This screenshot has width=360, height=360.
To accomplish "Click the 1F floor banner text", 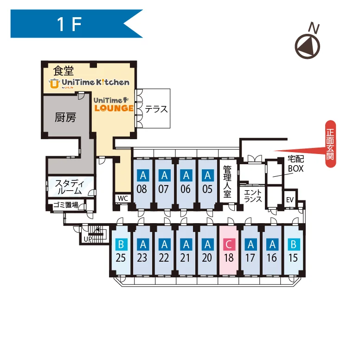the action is click(x=69, y=24).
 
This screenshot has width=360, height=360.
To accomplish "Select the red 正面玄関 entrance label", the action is click(x=330, y=144).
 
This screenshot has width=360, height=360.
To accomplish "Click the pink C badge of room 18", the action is click(x=229, y=244).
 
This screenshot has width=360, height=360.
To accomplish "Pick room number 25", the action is click(x=121, y=258).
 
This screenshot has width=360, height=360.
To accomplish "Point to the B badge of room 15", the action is click(x=294, y=244).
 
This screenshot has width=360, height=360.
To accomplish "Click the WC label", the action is click(x=123, y=199).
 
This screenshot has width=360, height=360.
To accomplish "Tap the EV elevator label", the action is click(x=290, y=200).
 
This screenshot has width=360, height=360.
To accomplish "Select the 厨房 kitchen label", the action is click(x=65, y=117).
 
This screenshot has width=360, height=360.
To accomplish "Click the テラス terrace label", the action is click(x=156, y=109).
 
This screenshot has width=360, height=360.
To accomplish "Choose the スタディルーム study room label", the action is click(x=70, y=187).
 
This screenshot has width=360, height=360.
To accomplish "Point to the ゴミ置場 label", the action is click(x=66, y=205).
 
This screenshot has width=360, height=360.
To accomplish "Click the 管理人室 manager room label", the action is click(x=227, y=181).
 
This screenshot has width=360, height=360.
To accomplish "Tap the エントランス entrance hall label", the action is click(x=253, y=196).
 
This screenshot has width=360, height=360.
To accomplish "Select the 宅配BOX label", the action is click(x=296, y=164).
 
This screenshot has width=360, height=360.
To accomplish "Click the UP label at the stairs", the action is click(x=88, y=239).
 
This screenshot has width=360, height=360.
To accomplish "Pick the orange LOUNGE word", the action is click(x=114, y=108).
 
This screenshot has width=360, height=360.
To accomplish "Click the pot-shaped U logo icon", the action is click(x=54, y=84).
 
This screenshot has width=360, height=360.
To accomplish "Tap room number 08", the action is click(x=141, y=189).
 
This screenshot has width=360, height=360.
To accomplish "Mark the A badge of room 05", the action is click(x=207, y=175).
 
